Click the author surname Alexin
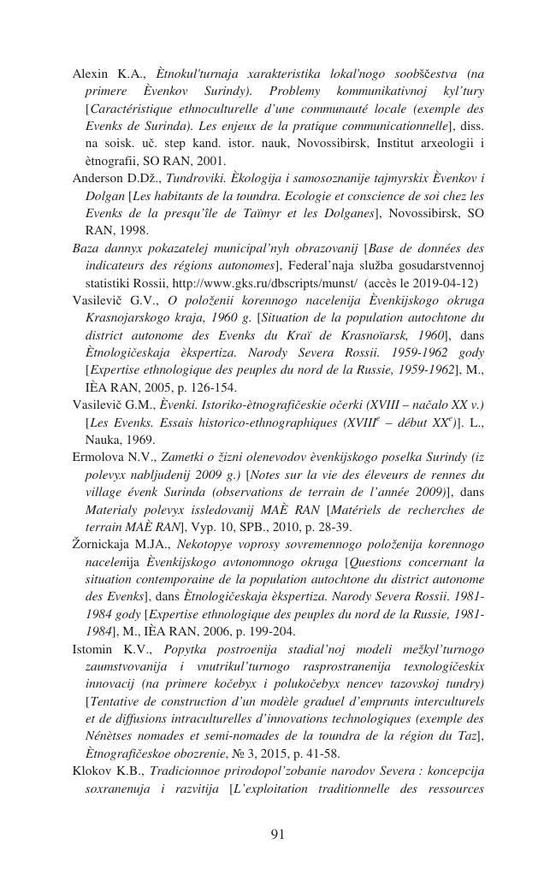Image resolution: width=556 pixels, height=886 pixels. coord(91,74)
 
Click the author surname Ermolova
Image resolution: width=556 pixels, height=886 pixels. coord(98,457)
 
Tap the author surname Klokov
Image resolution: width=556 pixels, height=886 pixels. coord(92,771)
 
